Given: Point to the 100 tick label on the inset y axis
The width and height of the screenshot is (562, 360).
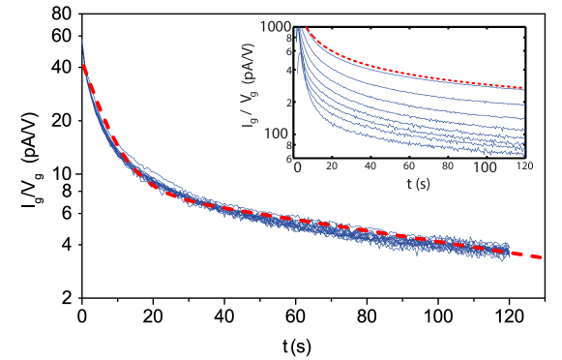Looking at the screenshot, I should pyautogui.click(x=279, y=133).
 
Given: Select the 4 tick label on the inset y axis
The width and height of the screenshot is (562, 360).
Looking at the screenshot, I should pyautogui.click(x=288, y=71).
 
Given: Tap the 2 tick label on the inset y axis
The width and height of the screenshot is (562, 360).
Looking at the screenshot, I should pyautogui.click(x=288, y=103).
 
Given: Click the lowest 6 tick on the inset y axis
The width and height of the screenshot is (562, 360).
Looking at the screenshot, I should pyautogui.click(x=288, y=156).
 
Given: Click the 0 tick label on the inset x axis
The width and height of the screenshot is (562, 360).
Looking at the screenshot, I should pyautogui.click(x=299, y=167).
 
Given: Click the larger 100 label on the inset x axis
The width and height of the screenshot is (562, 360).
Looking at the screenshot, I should pyautogui.click(x=485, y=167).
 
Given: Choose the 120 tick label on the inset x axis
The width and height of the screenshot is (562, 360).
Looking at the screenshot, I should pyautogui.click(x=523, y=167).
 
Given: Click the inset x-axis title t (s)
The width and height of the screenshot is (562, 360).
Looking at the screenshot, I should pyautogui.click(x=410, y=184).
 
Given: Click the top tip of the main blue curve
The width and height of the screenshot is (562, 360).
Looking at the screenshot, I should pyautogui.click(x=82, y=40).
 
